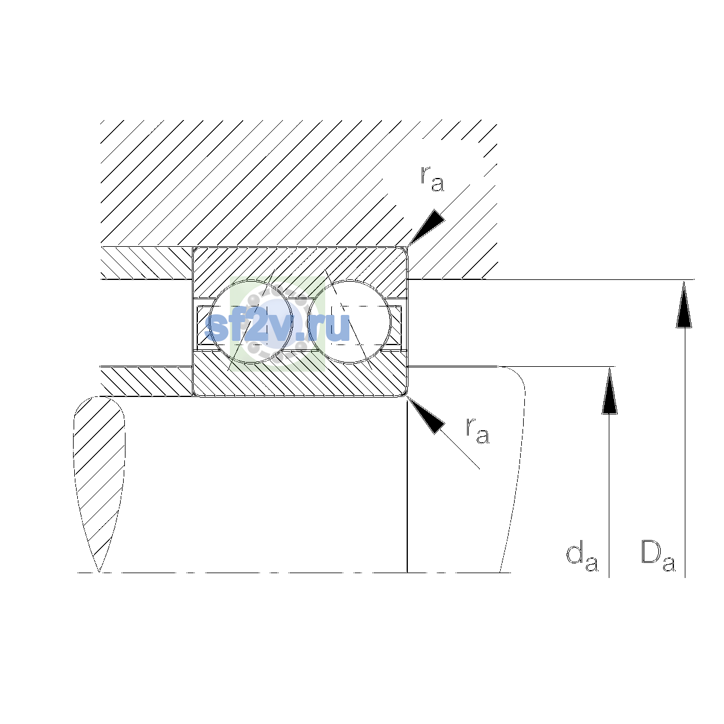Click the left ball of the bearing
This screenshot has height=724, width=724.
[251, 322]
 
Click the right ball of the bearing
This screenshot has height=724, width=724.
[349, 322]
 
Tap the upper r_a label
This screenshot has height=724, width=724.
[433, 179]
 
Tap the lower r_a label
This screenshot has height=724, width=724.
[477, 431]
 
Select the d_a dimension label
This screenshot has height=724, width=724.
[582, 557]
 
